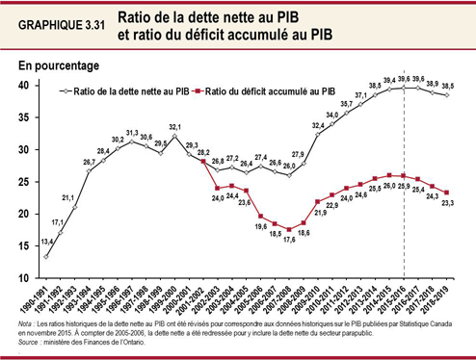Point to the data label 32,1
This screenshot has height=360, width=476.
(x=175, y=127)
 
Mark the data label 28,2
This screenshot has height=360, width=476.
(x=203, y=153)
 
